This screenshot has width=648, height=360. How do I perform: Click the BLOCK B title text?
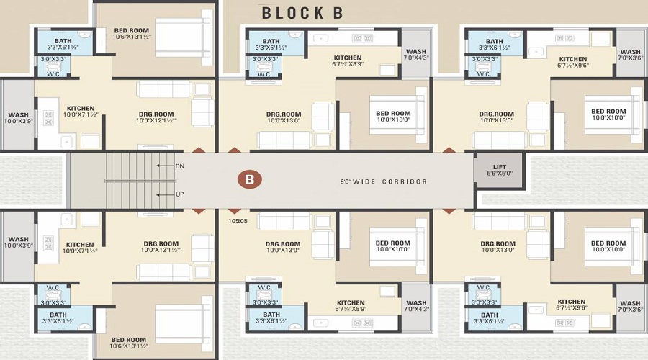tap(302, 12)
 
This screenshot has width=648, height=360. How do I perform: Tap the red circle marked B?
tap(250, 180)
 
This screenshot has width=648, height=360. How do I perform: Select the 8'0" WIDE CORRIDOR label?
tap(383, 181)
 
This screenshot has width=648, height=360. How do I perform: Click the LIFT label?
tap(500, 167)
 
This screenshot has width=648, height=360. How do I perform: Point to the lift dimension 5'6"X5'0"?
tap(500, 174)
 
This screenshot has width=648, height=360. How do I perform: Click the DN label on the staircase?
tap(180, 166)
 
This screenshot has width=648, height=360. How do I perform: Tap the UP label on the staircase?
tap(180, 194)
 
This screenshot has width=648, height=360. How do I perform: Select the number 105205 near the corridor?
tap(238, 221)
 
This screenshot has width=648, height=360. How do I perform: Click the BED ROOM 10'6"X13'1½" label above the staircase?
tap(131, 35)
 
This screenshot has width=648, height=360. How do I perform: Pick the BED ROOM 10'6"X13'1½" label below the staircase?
tap(130, 343)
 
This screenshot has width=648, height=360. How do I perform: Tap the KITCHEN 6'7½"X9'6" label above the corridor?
tap(572, 63)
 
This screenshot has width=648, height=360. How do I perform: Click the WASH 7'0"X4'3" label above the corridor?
tap(415, 55)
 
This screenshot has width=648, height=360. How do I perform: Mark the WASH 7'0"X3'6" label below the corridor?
tap(630, 307)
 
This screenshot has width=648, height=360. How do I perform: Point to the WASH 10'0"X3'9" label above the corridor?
tap(18, 118)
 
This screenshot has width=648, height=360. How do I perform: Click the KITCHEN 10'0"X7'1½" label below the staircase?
tap(80, 248)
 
